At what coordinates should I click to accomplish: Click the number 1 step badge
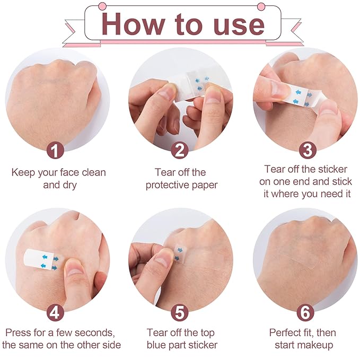(55, 150)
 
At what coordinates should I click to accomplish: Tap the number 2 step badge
(180, 150)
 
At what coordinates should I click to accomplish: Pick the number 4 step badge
(55, 312)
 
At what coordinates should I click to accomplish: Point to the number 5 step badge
(180, 312)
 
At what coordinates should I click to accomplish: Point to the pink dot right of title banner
(260, 6)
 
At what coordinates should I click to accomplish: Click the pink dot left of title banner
(99, 6)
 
